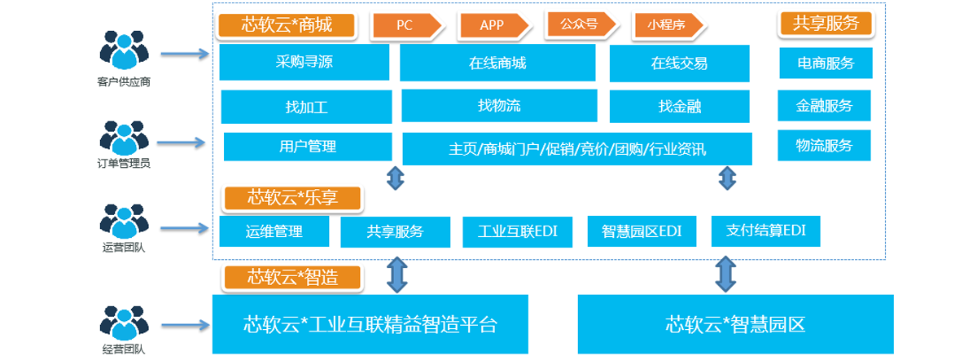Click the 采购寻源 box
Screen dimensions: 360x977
(304, 63)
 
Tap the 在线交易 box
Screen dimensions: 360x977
(679, 63)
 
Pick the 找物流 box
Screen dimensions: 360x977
(498, 105)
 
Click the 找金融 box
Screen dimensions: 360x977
(679, 106)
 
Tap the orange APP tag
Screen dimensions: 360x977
(493, 25)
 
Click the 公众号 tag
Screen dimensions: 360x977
(580, 24)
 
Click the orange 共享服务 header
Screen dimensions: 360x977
(826, 24)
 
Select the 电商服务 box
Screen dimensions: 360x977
(826, 63)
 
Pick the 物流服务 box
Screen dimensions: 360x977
(824, 145)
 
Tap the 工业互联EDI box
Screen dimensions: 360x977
(518, 231)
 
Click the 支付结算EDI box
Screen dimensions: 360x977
(765, 230)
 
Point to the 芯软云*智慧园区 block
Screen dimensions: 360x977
(734, 324)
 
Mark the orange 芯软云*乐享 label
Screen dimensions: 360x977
(291, 198)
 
